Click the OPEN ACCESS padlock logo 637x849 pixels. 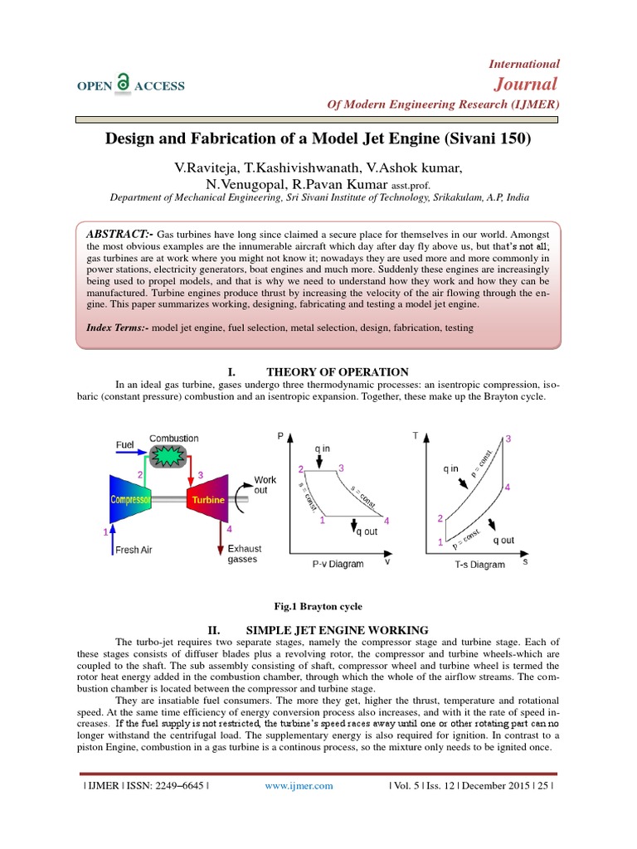pyautogui.click(x=123, y=81)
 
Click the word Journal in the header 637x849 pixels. pyautogui.click(x=526, y=84)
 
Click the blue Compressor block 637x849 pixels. pyautogui.click(x=134, y=500)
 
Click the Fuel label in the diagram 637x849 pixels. pyautogui.click(x=124, y=445)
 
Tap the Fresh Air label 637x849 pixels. pyautogui.click(x=134, y=550)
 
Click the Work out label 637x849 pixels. pyautogui.click(x=265, y=485)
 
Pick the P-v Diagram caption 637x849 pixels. pyautogui.click(x=338, y=565)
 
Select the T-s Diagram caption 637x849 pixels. pyautogui.click(x=479, y=565)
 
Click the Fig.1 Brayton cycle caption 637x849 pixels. pyautogui.click(x=318, y=607)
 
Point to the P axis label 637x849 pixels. pyautogui.click(x=281, y=434)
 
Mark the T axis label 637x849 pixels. pyautogui.click(x=416, y=434)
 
